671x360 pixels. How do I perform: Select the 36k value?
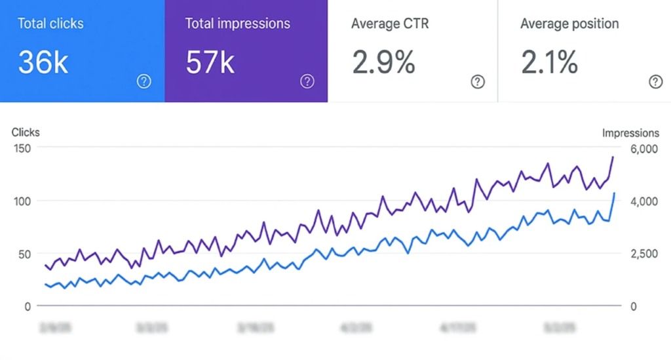coord(43,62)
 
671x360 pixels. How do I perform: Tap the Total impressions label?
coord(237,24)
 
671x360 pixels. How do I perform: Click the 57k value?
coord(210,62)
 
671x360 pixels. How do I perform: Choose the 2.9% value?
coord(383,62)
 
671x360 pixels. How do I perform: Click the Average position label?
coord(569,24)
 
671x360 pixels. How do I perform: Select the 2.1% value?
coord(549,62)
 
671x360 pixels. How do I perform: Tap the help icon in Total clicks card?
coord(144,81)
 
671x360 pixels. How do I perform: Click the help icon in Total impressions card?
coord(307,81)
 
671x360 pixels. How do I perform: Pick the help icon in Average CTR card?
coord(478,81)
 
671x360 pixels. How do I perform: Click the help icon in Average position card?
coord(655,81)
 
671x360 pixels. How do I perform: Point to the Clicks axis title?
coord(26,132)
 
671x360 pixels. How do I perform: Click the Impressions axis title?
coord(630,133)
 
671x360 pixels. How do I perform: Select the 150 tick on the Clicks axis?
coord(23,149)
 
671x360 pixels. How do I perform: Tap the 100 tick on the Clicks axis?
coord(23,201)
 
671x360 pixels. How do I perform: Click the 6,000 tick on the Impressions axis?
coord(643,149)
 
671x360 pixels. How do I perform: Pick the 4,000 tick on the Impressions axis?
coord(643,201)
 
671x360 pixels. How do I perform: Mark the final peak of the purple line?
coord(613,157)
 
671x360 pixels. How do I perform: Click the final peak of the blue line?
coord(614,193)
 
